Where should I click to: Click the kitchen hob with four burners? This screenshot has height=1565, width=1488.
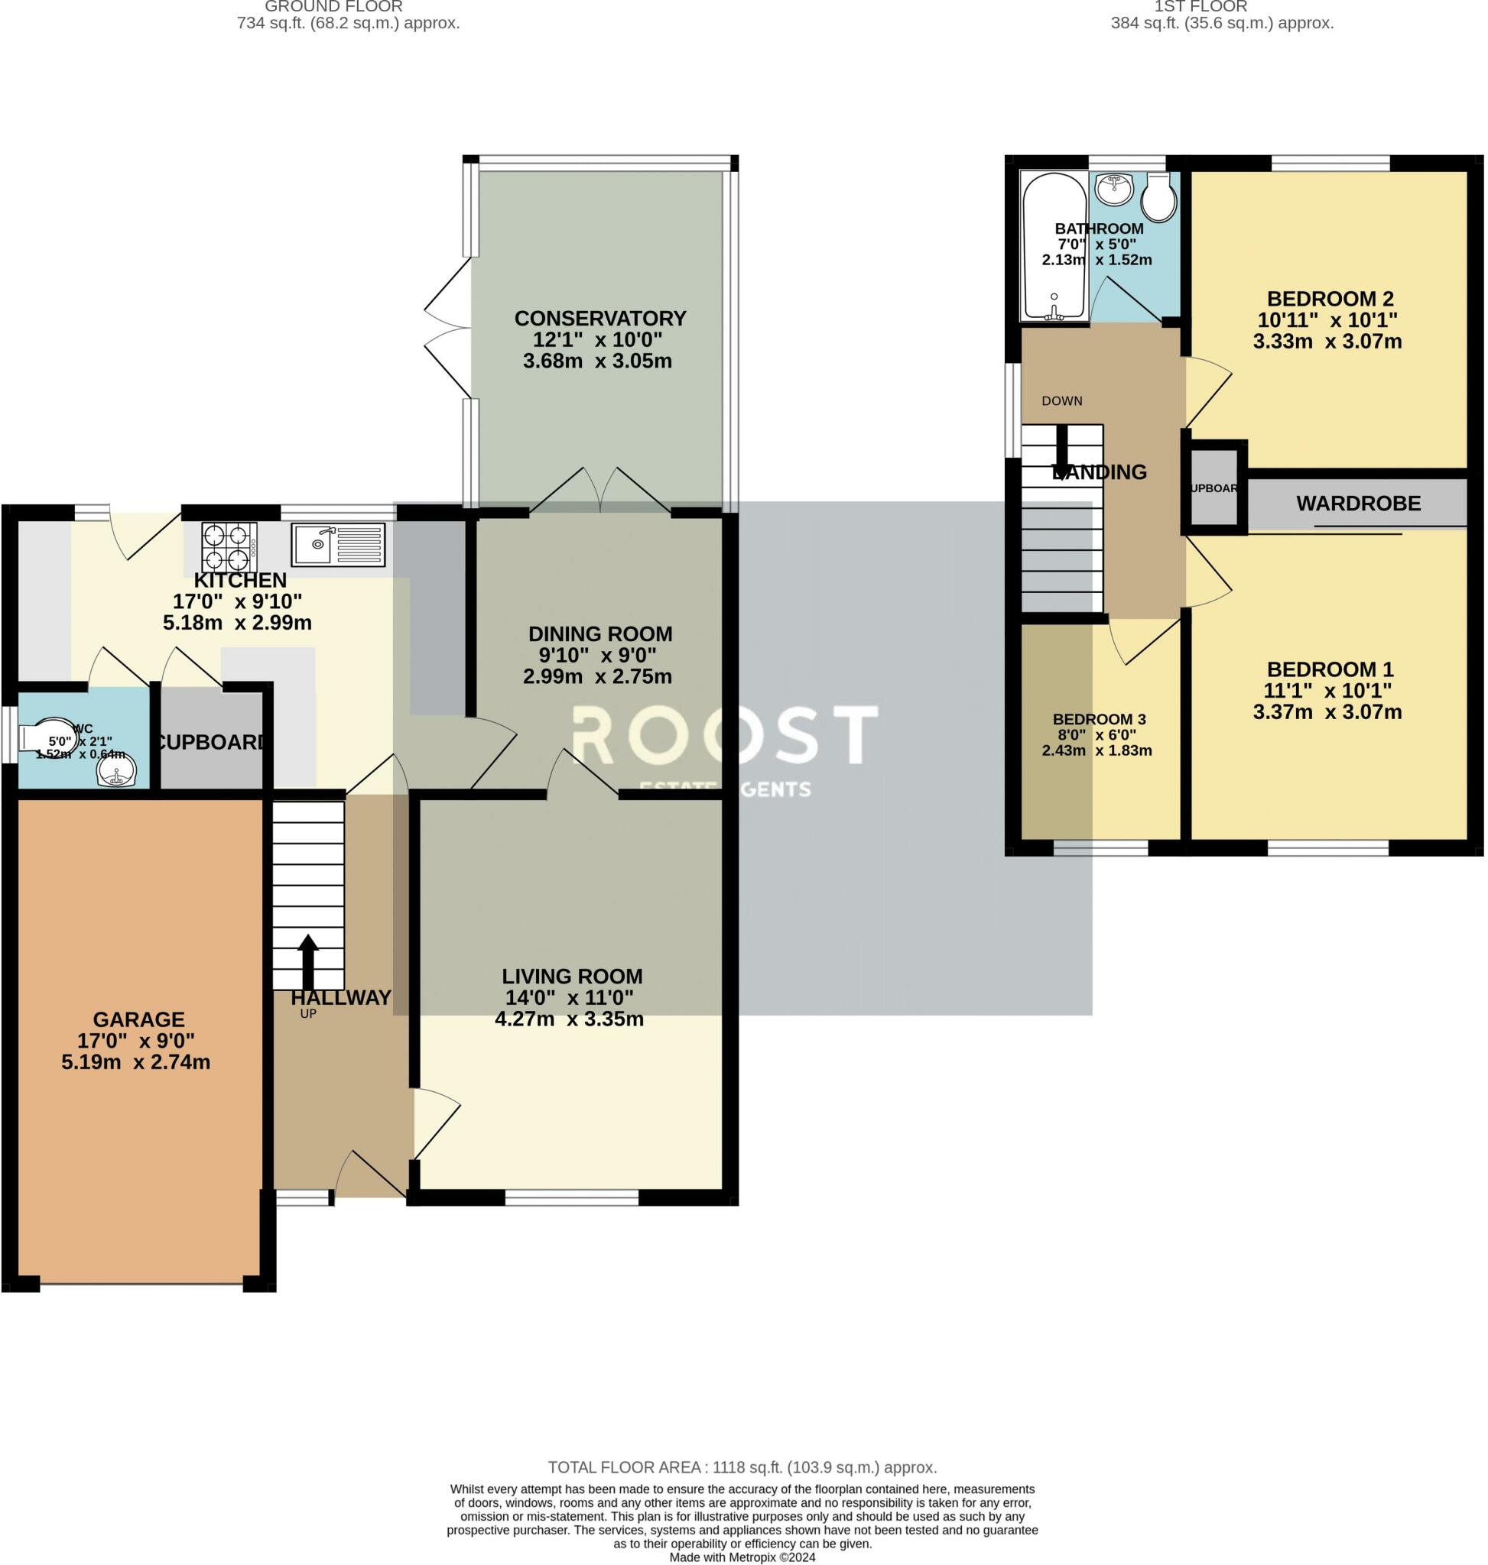click(229, 546)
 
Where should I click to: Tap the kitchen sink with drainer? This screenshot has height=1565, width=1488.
click(338, 544)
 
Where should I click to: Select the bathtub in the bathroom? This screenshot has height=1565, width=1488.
click(1054, 247)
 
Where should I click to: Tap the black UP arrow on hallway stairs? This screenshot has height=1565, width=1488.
click(307, 961)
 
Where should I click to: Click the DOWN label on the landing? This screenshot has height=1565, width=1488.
click(1062, 401)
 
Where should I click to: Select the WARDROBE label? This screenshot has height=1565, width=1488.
click(1358, 504)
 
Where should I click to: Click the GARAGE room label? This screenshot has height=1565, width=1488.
click(139, 1019)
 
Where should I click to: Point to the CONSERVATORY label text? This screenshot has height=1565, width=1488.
click(599, 319)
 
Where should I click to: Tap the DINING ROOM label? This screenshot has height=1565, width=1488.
click(599, 634)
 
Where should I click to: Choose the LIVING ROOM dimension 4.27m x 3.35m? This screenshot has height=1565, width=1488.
click(569, 1019)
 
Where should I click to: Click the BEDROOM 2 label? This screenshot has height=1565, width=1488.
click(1330, 299)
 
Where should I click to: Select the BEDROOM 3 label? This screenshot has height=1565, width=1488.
click(1099, 719)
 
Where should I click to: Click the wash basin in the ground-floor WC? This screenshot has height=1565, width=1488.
click(116, 770)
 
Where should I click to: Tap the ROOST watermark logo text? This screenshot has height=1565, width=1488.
click(723, 735)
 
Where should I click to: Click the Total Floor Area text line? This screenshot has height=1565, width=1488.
click(742, 1467)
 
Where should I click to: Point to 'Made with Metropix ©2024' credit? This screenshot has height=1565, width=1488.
click(742, 1557)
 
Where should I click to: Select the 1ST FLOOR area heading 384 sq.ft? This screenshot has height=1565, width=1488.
click(1221, 23)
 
